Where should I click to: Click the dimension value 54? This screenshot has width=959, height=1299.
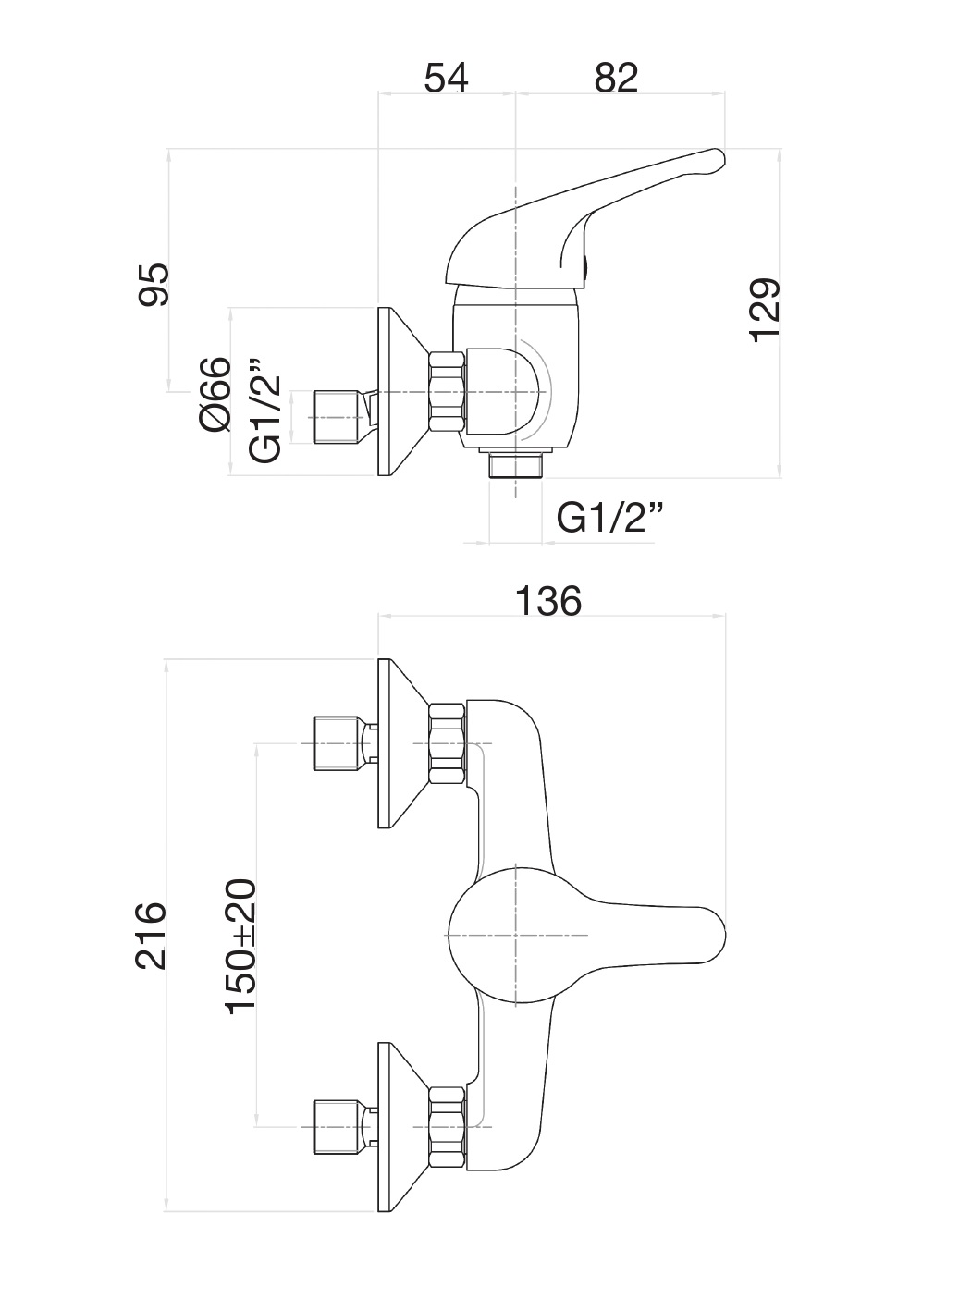click(x=447, y=78)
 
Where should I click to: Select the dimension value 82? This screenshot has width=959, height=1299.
click(x=617, y=78)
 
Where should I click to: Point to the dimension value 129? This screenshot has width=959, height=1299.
click(x=767, y=310)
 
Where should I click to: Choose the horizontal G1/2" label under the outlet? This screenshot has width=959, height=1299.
click(x=610, y=518)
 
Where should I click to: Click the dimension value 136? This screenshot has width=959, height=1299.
click(x=548, y=601)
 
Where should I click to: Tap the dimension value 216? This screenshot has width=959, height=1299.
click(x=151, y=937)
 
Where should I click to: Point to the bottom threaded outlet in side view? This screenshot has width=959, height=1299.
click(x=515, y=465)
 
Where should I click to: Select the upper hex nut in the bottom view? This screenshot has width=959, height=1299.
click(x=447, y=744)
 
